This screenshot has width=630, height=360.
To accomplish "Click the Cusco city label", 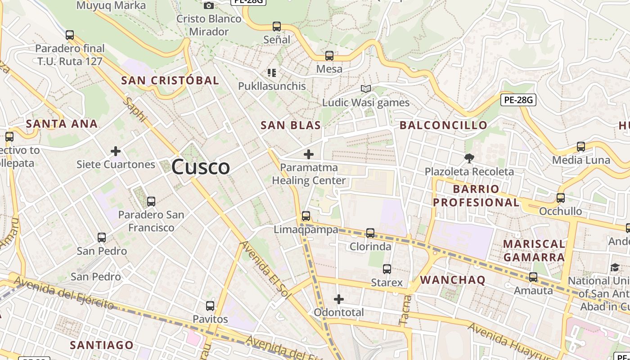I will [x=201, y=167].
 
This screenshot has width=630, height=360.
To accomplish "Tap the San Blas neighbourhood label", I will [x=291, y=126].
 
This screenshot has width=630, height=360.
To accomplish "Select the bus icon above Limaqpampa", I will [x=306, y=216].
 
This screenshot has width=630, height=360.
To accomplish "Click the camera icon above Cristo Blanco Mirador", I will [x=209, y=5].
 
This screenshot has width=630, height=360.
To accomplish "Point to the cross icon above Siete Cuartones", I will [x=116, y=151].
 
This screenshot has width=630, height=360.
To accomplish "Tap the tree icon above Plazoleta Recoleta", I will [x=469, y=158].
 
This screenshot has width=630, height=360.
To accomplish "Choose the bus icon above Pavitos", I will [x=210, y=306].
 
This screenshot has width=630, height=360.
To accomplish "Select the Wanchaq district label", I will [x=453, y=280].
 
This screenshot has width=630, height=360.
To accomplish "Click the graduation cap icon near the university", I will [x=615, y=268].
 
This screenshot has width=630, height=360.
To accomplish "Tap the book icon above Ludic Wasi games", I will [x=366, y=89].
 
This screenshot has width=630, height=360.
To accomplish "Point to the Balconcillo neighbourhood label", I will [x=443, y=125].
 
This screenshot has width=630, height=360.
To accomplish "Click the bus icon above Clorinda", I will [x=370, y=233].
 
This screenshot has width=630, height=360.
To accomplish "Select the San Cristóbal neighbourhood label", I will [x=170, y=81].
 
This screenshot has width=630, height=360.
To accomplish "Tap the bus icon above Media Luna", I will [x=581, y=147].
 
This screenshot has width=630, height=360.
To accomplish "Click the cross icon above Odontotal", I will [x=339, y=299].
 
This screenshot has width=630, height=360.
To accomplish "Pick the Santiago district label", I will [x=102, y=345].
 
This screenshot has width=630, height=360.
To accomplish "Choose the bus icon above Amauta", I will [x=533, y=277].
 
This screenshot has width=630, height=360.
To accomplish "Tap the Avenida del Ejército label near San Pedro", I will [x=63, y=293].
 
